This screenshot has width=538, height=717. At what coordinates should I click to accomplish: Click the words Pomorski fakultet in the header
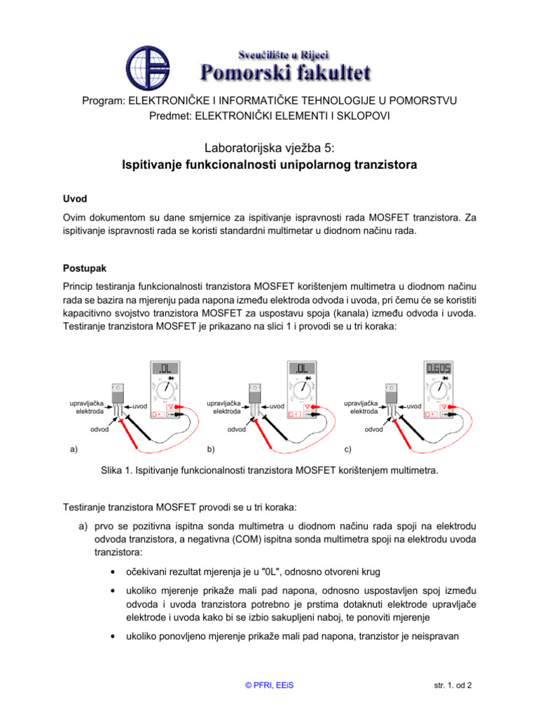coord(286,71)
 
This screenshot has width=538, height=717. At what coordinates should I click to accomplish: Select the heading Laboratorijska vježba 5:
coord(269,148)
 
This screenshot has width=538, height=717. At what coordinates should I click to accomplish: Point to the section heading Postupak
coord(83,268)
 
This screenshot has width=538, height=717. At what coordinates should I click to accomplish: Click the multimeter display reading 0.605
coord(439,368)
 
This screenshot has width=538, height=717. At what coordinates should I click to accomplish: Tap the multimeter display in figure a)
coord(165,368)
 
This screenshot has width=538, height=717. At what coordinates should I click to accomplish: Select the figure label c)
coord(348,449)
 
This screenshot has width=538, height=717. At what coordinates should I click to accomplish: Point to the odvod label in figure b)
coord(236,429)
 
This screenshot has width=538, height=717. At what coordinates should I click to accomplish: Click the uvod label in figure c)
coord(415,406)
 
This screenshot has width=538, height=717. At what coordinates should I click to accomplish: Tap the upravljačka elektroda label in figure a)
coord(87,408)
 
